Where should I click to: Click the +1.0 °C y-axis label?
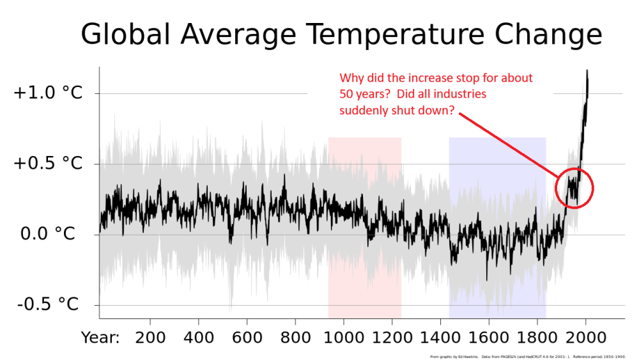pos(48,93)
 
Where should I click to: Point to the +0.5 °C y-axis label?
pos(48,164)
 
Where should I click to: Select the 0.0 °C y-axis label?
pos(48,234)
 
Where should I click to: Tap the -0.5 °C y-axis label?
pos(48,304)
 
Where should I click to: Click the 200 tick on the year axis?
pos(150,336)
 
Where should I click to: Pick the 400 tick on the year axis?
pos(199,336)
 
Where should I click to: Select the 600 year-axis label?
pos(247,336)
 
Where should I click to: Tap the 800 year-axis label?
pos(295,336)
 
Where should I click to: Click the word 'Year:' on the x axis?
pos(100,336)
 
